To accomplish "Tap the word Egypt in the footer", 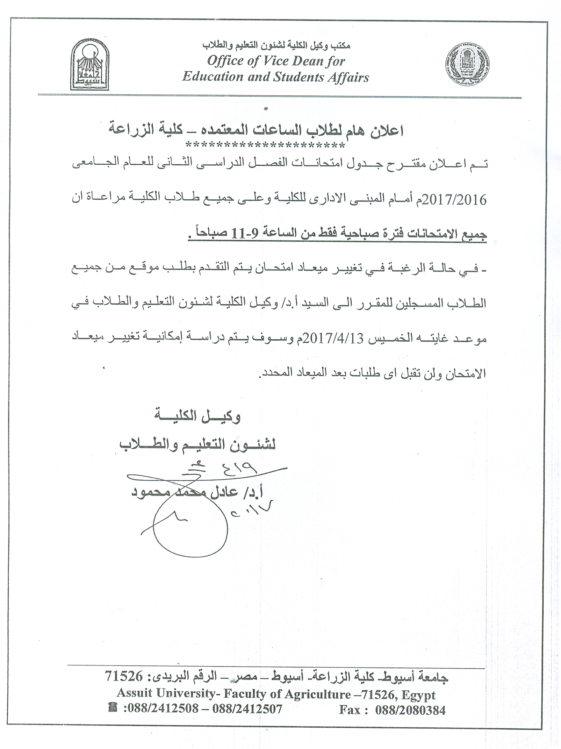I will tap(418, 694).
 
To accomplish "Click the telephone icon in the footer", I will tap(113, 708).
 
